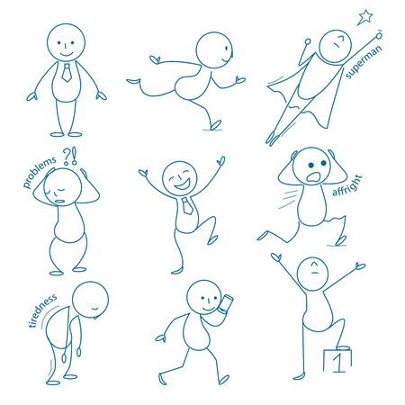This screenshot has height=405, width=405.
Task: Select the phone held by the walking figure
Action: tap(224, 306)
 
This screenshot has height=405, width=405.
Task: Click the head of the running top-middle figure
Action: tap(213, 49)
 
